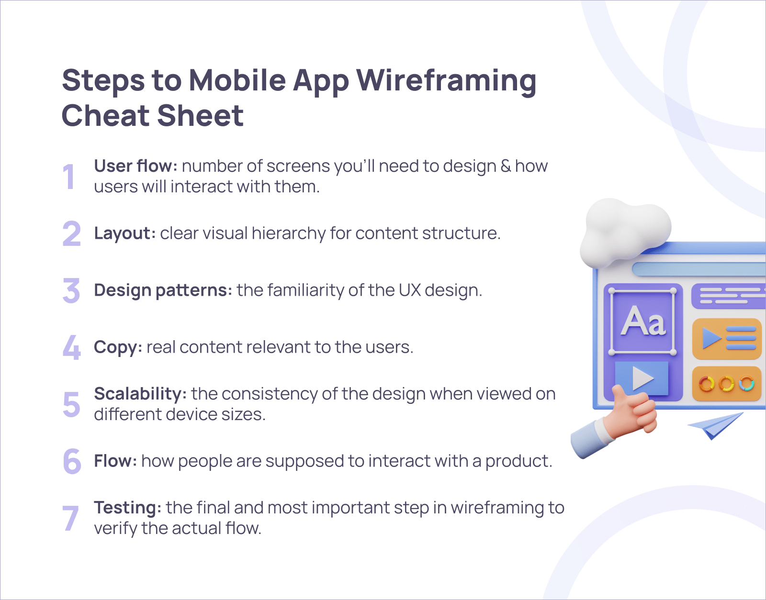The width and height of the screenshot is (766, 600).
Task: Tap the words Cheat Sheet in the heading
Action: click(153, 116)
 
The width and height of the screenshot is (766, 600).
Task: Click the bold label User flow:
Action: click(135, 166)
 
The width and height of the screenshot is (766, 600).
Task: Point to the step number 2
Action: click(72, 233)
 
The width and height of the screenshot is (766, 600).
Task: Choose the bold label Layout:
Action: click(124, 233)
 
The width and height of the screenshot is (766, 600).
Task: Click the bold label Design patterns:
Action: click(163, 290)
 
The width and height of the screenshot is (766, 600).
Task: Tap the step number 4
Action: click(72, 347)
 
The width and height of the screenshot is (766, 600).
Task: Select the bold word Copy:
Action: click(118, 347)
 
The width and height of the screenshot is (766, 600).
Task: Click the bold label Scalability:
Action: click(140, 394)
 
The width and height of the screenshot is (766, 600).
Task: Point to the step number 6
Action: click(72, 461)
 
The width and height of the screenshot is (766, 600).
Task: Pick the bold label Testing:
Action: click(127, 508)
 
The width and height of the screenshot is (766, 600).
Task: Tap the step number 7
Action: click(71, 518)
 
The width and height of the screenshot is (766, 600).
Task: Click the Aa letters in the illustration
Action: click(643, 321)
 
